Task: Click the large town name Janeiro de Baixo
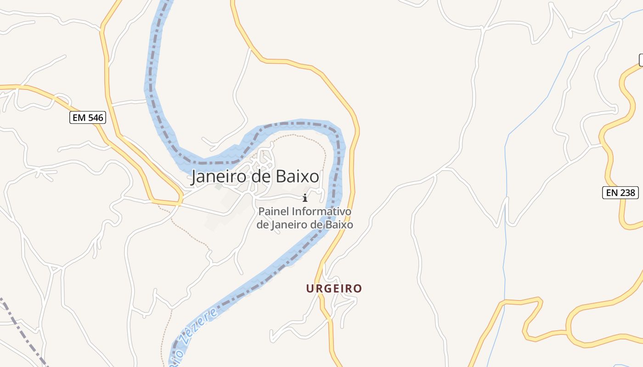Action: click(255, 177)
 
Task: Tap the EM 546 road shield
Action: click(88, 118)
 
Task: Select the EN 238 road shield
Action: click(620, 193)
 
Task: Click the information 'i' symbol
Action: click(305, 198)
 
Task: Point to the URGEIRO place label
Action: click(334, 289)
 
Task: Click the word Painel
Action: click(274, 211)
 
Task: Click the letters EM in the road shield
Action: click(79, 118)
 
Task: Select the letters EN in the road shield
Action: click(612, 193)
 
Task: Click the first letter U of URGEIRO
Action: click(310, 289)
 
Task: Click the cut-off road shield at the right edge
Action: click(641, 60)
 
